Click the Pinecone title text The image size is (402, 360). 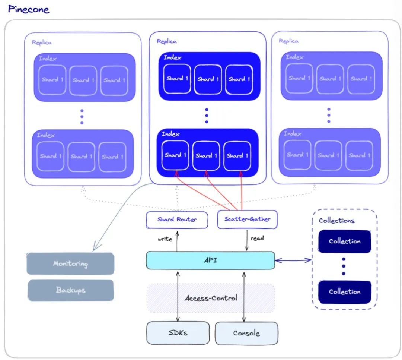29,9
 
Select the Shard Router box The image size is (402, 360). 177,220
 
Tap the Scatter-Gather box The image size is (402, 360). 247,220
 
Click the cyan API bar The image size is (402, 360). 210,260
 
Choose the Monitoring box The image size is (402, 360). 70,264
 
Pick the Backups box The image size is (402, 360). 70,290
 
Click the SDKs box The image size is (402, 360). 178,332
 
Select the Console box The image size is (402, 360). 246,333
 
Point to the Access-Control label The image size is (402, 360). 211,298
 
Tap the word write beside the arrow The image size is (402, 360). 165,239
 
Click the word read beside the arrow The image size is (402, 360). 257,239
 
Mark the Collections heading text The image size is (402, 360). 336,221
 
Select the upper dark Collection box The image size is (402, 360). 344,241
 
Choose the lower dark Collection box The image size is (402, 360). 344,291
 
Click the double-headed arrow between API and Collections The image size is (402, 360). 293,260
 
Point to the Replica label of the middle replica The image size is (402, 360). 166,41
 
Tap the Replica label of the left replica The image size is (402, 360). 42,42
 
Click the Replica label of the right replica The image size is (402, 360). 288,41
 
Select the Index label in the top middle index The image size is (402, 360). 172,57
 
